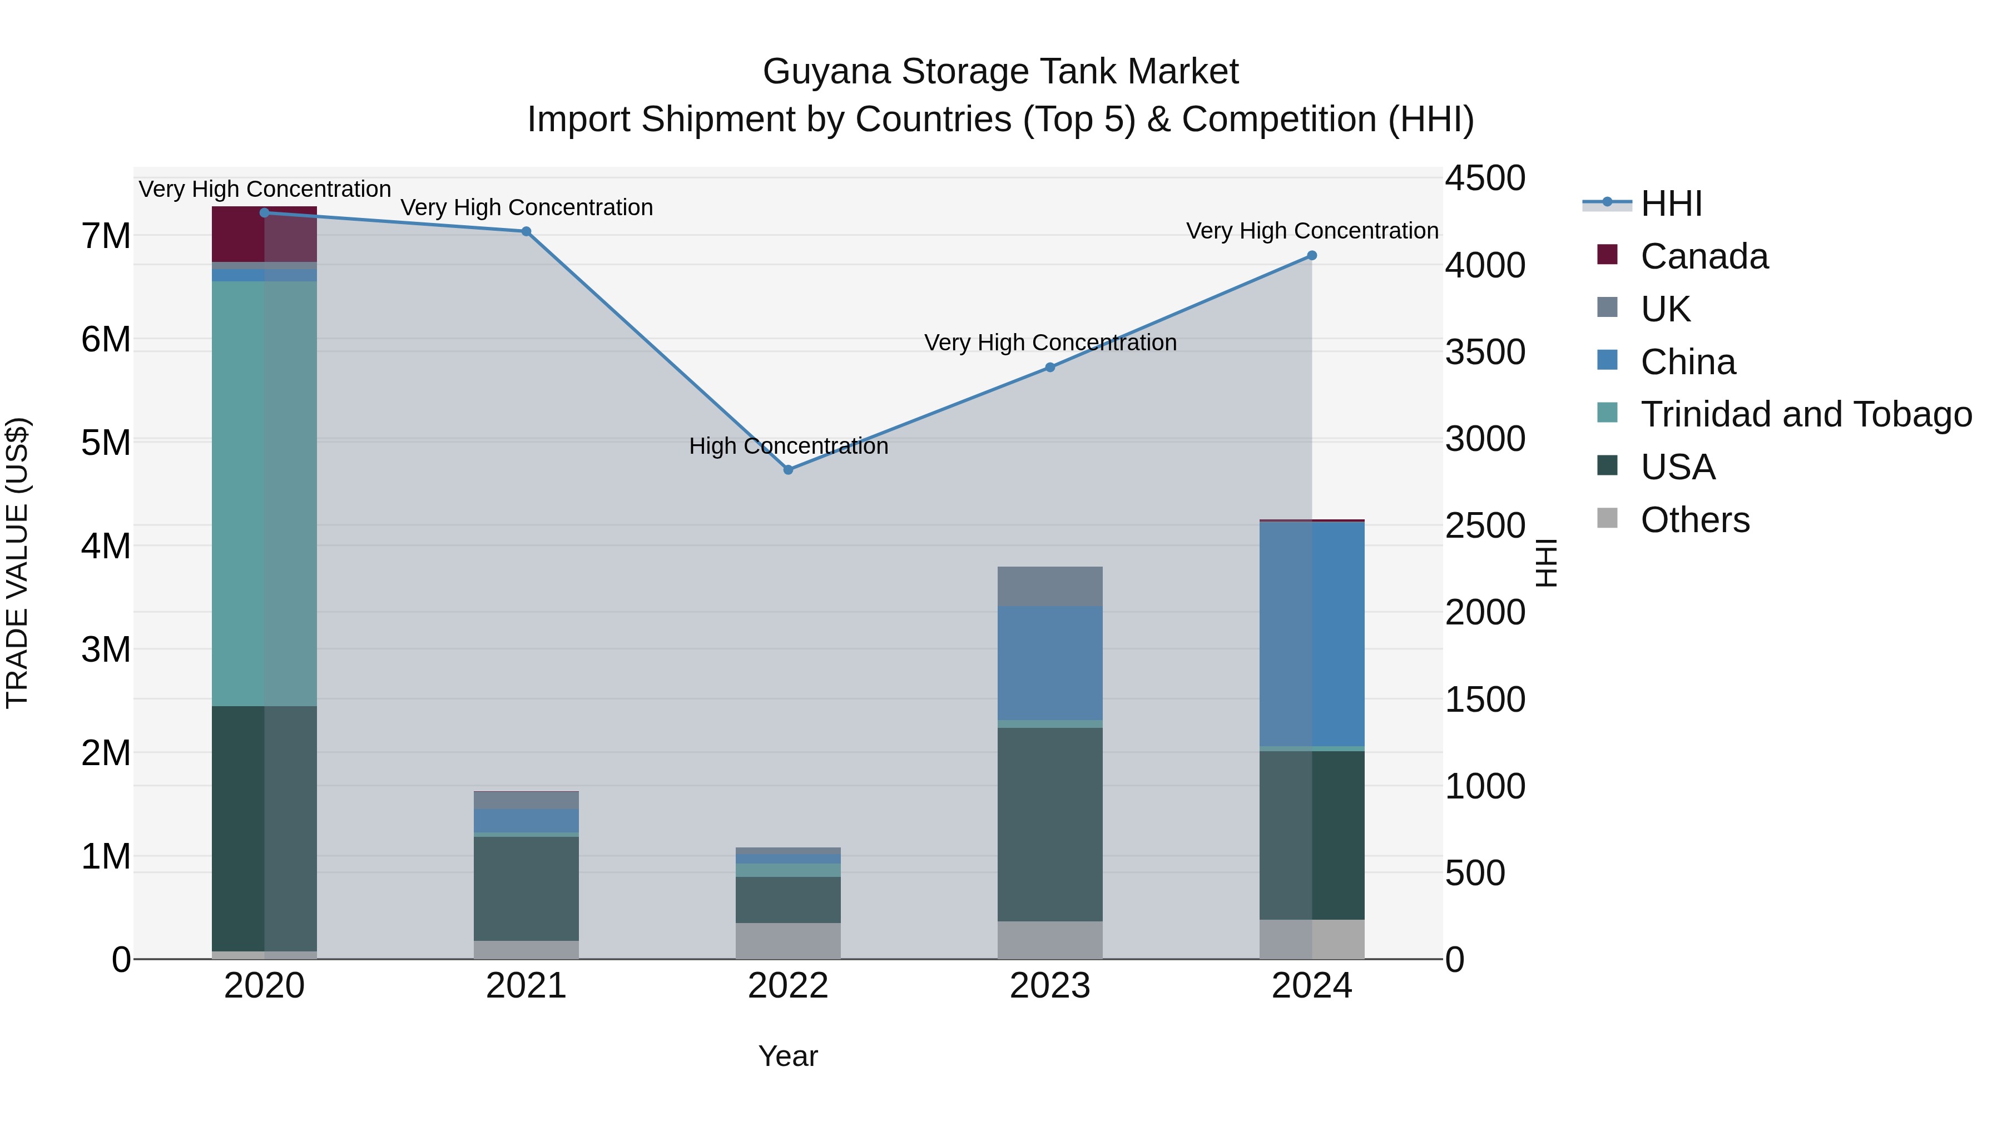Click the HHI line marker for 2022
(788, 469)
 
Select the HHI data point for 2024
(1312, 256)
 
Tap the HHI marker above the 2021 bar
(526, 231)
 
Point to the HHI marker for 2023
(1050, 367)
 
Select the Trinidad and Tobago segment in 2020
(264, 493)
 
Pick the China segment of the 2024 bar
(1312, 633)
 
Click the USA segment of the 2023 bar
(1050, 824)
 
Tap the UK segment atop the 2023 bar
(1050, 586)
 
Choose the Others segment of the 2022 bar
(788, 940)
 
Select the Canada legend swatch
(1607, 255)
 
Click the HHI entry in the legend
(1671, 204)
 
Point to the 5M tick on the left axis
(106, 443)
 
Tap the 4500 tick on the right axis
(1484, 178)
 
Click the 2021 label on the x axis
(526, 986)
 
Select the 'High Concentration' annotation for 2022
(788, 446)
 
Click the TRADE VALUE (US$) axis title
(17, 563)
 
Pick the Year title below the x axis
(788, 1056)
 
